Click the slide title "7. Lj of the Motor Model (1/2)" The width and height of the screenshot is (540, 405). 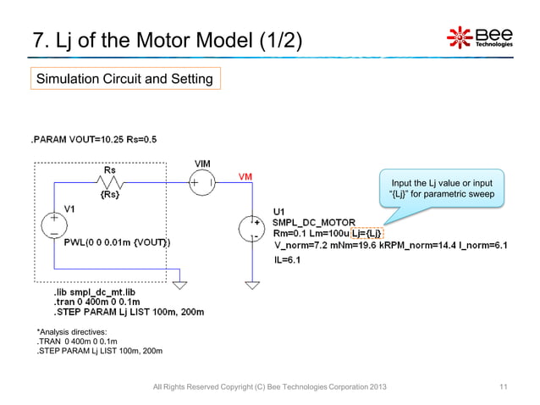166,40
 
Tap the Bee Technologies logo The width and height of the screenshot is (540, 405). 478,38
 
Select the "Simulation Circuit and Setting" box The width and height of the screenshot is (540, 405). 124,79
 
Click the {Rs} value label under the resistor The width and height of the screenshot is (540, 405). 109,196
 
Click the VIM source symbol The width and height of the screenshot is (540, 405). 204,181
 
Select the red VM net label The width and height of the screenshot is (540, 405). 244,177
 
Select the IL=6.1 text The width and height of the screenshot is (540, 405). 290,260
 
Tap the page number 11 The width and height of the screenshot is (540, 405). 504,387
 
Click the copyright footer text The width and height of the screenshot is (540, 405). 267,387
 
